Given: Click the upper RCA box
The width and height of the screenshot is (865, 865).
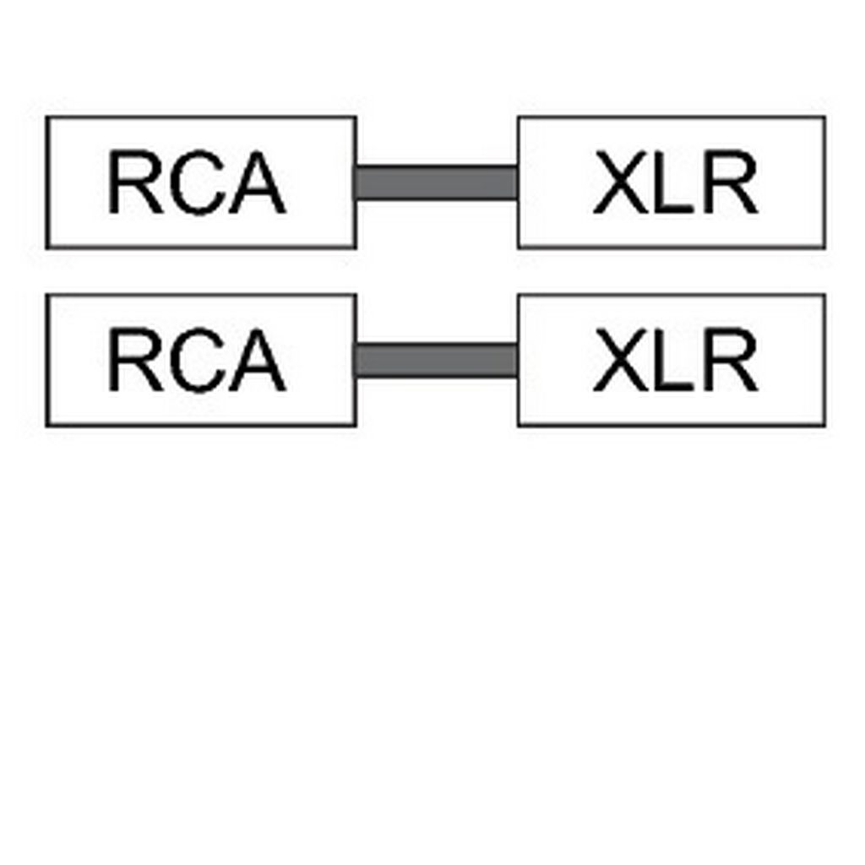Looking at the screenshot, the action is pyautogui.click(x=201, y=182).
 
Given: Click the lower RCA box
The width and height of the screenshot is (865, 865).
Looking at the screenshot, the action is pyautogui.click(x=201, y=360).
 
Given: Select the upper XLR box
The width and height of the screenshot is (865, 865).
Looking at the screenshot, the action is pyautogui.click(x=672, y=182).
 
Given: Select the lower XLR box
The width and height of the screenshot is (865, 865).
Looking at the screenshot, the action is pyautogui.click(x=672, y=360).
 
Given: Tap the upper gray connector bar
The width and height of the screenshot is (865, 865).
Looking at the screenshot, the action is pyautogui.click(x=437, y=182).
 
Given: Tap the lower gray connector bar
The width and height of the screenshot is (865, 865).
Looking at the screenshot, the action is pyautogui.click(x=437, y=360).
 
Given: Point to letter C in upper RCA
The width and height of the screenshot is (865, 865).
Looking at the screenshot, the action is pyautogui.click(x=196, y=182).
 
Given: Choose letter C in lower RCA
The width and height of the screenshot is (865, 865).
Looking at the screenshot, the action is pyautogui.click(x=196, y=360).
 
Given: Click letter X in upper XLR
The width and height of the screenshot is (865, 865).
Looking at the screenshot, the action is pyautogui.click(x=621, y=182).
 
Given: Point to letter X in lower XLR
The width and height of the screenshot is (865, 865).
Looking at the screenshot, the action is pyautogui.click(x=621, y=360).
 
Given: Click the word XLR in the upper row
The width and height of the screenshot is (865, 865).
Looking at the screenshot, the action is pyautogui.click(x=675, y=182).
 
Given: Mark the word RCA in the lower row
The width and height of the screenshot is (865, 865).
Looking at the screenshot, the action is pyautogui.click(x=198, y=360).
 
